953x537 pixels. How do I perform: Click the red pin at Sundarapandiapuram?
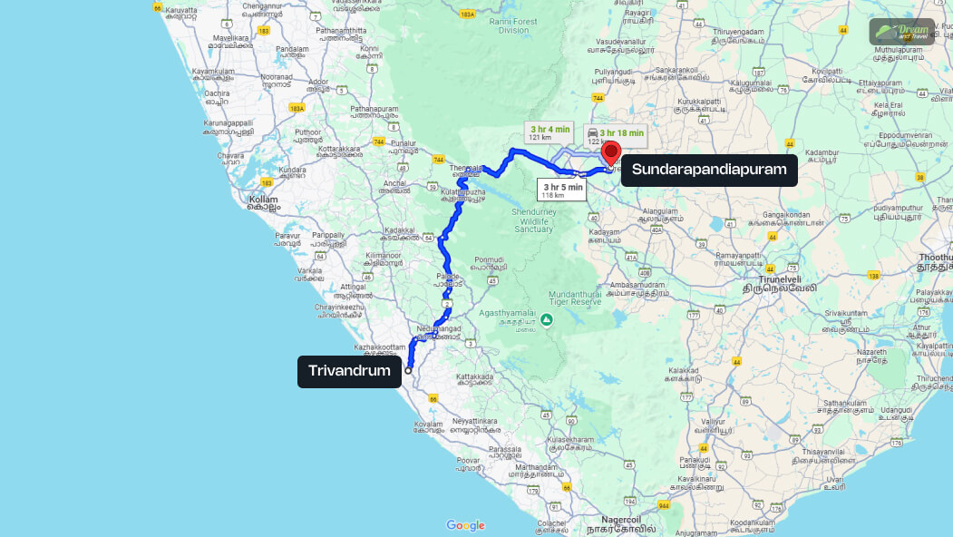pos(611,151)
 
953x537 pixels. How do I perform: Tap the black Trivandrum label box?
pos(349,370)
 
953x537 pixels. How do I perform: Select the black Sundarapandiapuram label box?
pos(709,170)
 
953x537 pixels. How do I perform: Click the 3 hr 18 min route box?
pos(616,137)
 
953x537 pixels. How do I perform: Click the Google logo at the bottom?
pos(465,525)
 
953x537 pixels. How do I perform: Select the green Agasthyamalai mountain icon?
pos(547,319)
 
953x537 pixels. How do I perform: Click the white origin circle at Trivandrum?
pos(408,370)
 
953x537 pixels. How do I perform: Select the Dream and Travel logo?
pos(902,32)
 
